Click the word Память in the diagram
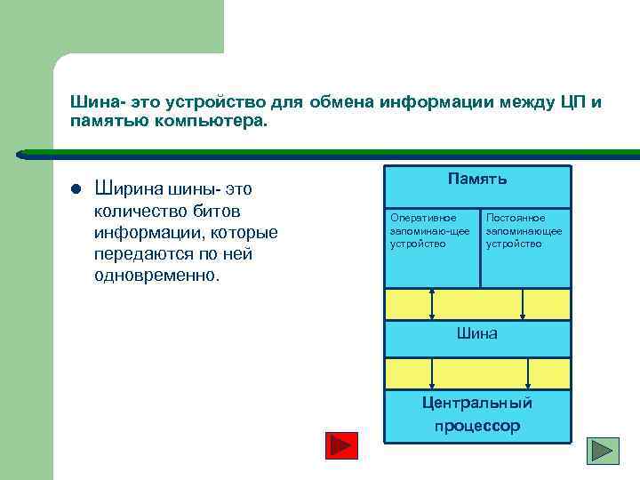477,180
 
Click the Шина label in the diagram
476,334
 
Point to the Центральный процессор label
477,414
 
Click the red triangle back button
340,445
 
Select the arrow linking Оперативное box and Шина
433,303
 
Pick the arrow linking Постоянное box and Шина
523,303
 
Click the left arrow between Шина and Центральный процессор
433,373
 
